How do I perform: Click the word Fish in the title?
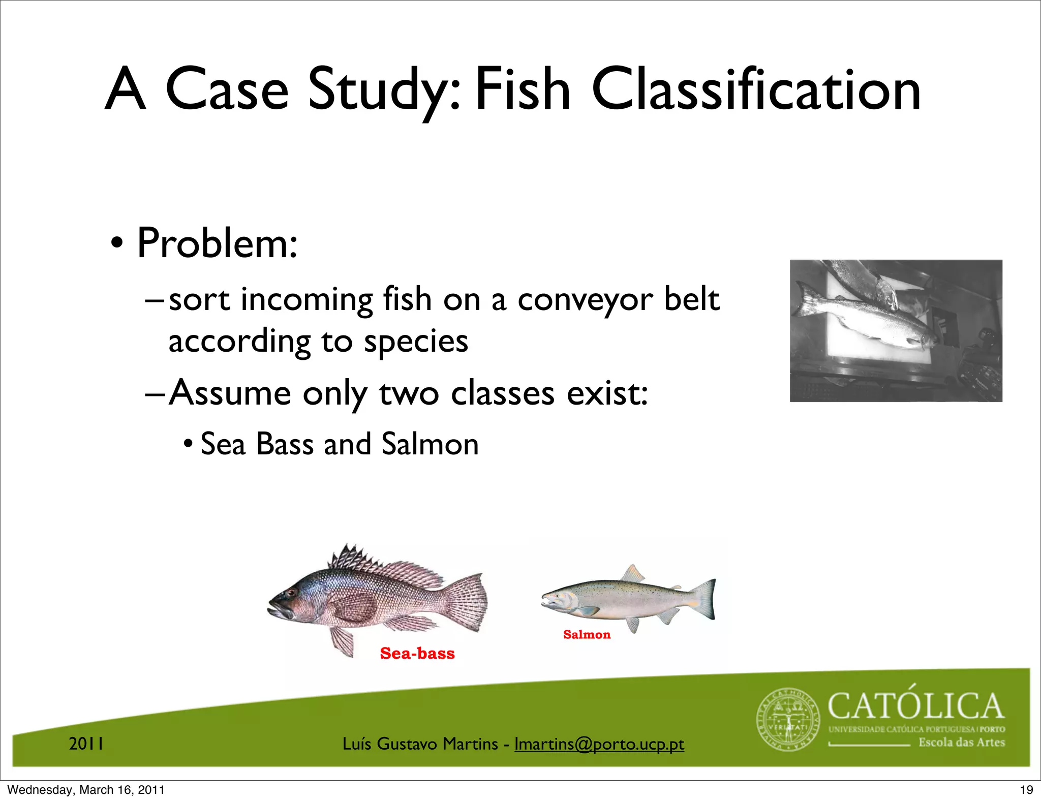522,90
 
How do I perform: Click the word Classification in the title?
756,90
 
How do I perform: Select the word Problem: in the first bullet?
217,243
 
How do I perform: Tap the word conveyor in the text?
585,299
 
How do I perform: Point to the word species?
415,341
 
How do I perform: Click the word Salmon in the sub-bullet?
430,444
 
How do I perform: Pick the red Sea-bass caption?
417,653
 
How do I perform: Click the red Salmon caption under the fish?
587,634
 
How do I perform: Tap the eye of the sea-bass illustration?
291,593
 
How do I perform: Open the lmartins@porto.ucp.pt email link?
599,744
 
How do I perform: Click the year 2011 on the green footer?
86,744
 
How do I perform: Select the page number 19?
1026,790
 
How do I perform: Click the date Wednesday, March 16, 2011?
86,790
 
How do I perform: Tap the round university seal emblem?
788,720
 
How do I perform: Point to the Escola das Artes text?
961,743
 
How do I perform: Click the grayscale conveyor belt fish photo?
896,330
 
